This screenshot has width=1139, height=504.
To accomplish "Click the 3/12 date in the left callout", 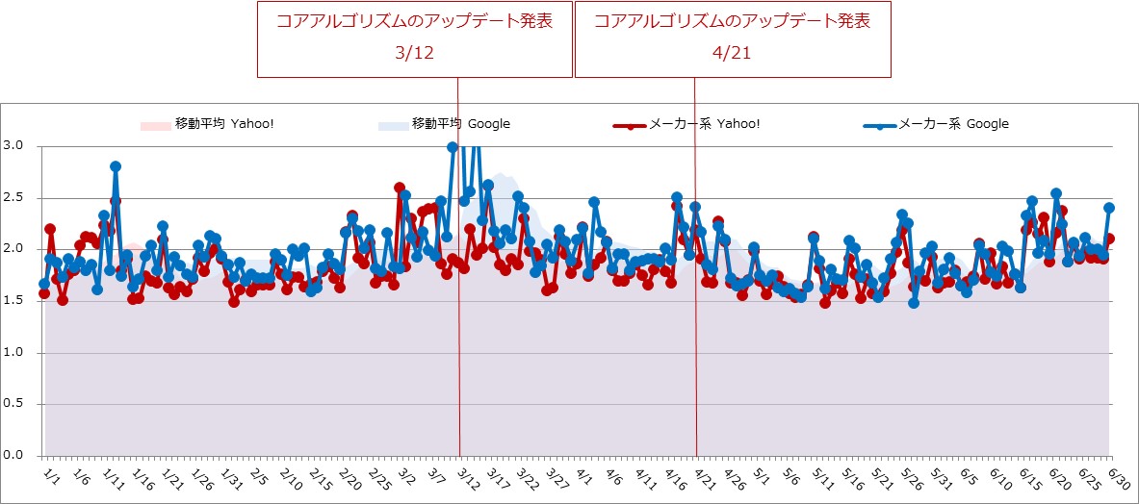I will coord(415,54).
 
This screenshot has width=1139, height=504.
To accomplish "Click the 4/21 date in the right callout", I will coord(732,54).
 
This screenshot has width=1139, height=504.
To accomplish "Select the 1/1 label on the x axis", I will coord(52,476).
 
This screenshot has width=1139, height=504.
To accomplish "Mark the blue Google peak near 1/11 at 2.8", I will coord(116,166).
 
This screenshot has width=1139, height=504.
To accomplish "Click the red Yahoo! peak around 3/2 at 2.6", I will coord(400,188).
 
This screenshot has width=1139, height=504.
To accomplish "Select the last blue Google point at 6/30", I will coord(1109,207).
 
